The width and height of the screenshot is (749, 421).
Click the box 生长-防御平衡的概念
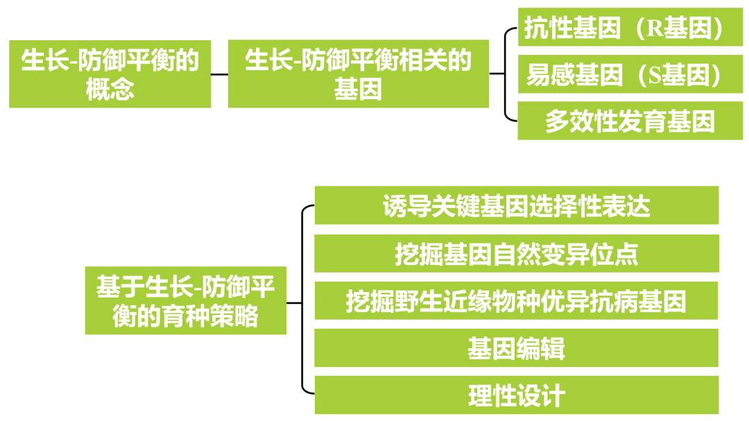[110, 74]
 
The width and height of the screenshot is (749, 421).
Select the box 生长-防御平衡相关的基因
[358, 74]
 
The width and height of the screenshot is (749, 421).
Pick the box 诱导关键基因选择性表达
[516, 206]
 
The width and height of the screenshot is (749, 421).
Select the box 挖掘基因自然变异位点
[516, 254]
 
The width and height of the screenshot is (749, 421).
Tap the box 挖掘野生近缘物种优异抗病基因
[516, 301]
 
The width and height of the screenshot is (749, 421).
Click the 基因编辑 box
[516, 348]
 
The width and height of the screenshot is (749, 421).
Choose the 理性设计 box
[516, 395]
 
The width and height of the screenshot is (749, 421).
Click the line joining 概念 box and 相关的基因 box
[219, 74]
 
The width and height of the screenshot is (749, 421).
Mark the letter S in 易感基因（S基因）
[654, 76]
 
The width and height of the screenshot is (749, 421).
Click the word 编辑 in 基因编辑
[540, 348]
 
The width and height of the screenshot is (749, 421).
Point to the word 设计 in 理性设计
[540, 396]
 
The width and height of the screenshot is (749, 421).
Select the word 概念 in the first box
[110, 89]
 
